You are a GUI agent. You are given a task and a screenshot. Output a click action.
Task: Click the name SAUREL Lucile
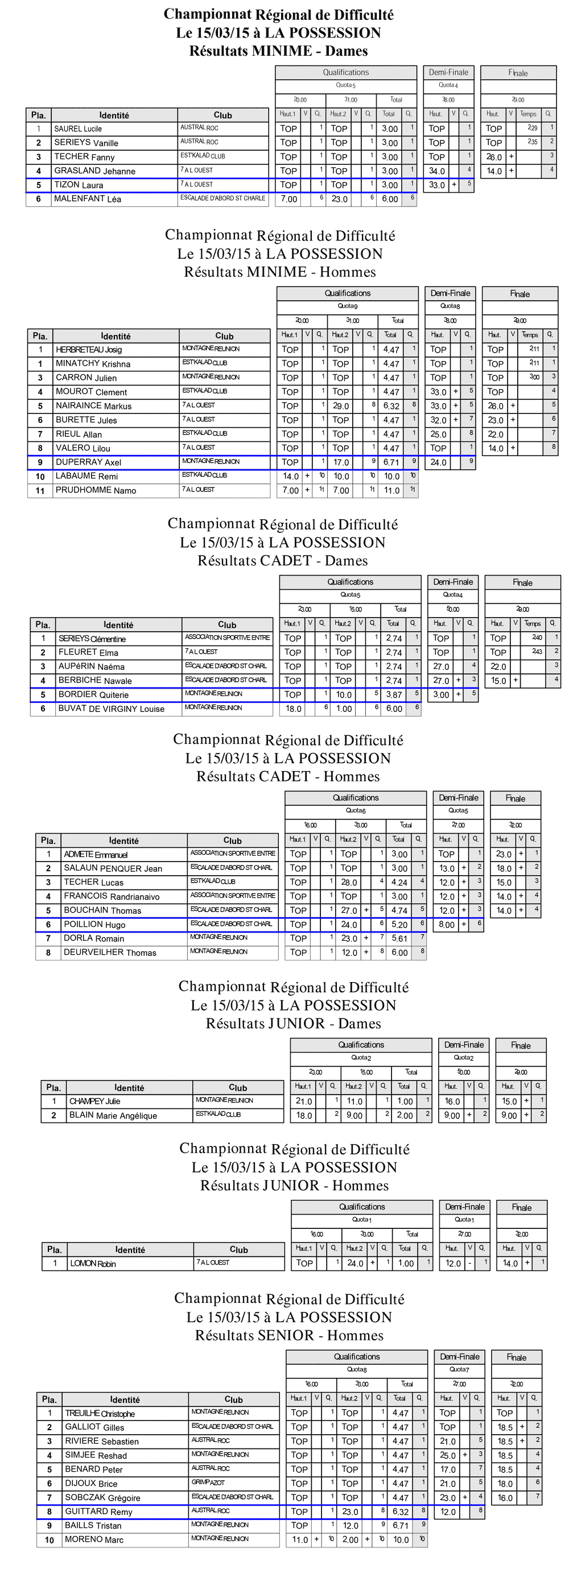[x=77, y=129]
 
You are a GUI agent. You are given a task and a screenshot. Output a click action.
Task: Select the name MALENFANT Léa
[x=88, y=199]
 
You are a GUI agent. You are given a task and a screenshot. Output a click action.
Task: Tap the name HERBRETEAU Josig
[x=89, y=350]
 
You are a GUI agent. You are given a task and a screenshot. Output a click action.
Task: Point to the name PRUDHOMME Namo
[x=96, y=491]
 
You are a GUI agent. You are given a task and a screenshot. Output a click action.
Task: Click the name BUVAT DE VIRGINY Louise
[x=112, y=709]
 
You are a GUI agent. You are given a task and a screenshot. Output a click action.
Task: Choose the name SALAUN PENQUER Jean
[x=113, y=868]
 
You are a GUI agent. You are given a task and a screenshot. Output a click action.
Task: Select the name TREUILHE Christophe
[x=100, y=1414]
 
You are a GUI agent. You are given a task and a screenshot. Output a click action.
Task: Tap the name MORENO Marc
[x=94, y=1540]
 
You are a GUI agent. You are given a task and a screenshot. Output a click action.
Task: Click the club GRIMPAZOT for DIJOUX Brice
[x=208, y=1483]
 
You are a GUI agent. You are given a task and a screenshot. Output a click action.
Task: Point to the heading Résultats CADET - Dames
[x=283, y=561]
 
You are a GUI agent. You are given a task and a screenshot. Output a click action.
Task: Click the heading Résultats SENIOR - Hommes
[x=290, y=1335]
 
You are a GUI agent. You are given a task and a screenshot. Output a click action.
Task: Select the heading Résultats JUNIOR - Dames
[x=294, y=1024]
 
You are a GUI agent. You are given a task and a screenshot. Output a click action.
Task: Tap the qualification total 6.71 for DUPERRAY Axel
[x=391, y=462]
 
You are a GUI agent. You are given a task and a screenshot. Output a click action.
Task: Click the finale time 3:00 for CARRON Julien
[x=534, y=377]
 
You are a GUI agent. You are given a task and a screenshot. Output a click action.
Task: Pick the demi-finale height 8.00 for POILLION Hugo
[x=447, y=925]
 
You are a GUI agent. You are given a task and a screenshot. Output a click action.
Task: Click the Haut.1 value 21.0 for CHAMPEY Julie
[x=304, y=1101]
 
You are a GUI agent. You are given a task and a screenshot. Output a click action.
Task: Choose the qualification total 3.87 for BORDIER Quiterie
[x=394, y=695]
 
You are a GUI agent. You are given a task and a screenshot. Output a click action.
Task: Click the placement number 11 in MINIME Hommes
[x=40, y=491]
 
